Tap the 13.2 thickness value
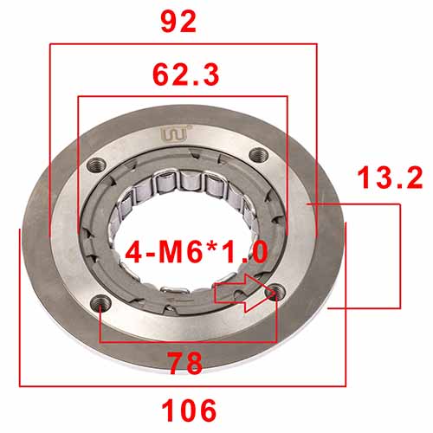(389, 178)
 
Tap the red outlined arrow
(245, 293)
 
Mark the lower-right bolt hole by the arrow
(275, 294)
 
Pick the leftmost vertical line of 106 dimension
(18, 303)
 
